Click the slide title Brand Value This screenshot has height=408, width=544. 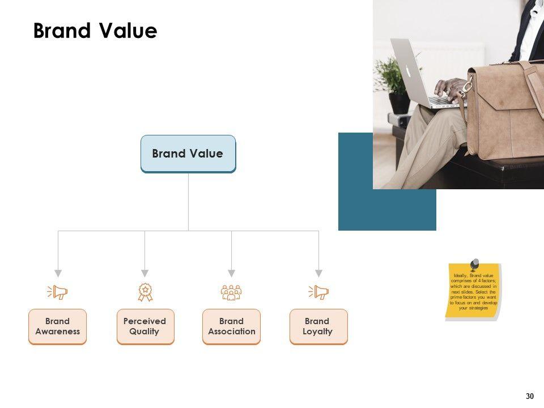click(95, 31)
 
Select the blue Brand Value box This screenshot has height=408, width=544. click(188, 154)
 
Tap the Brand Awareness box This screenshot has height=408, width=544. click(57, 326)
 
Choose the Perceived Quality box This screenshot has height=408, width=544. click(144, 326)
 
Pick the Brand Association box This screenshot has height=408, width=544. click(231, 326)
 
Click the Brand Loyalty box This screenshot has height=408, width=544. click(318, 326)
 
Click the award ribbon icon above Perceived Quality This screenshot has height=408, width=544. click(145, 292)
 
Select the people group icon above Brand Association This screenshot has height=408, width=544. click(231, 292)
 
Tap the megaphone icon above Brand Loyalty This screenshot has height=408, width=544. click(318, 292)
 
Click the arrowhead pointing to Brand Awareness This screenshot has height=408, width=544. click(58, 273)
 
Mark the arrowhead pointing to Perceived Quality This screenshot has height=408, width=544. click(144, 273)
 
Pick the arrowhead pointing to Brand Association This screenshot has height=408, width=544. click(231, 273)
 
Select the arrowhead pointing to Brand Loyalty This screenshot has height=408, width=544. click(318, 273)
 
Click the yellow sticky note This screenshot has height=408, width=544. click(473, 292)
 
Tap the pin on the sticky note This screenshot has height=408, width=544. click(474, 264)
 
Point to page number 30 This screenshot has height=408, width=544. click(530, 396)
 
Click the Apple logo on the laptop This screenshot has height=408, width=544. click(407, 71)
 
